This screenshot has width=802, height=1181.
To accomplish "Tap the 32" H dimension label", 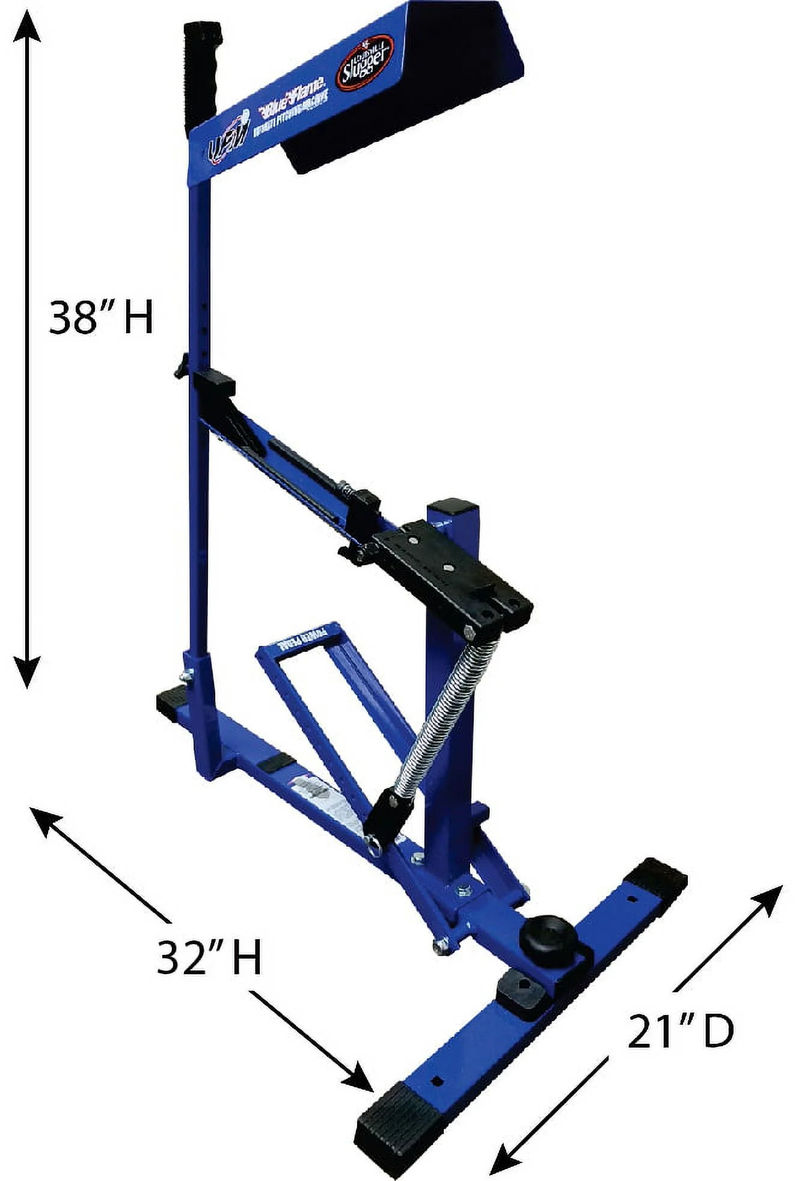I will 209,959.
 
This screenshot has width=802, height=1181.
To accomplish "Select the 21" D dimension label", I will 681,1032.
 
